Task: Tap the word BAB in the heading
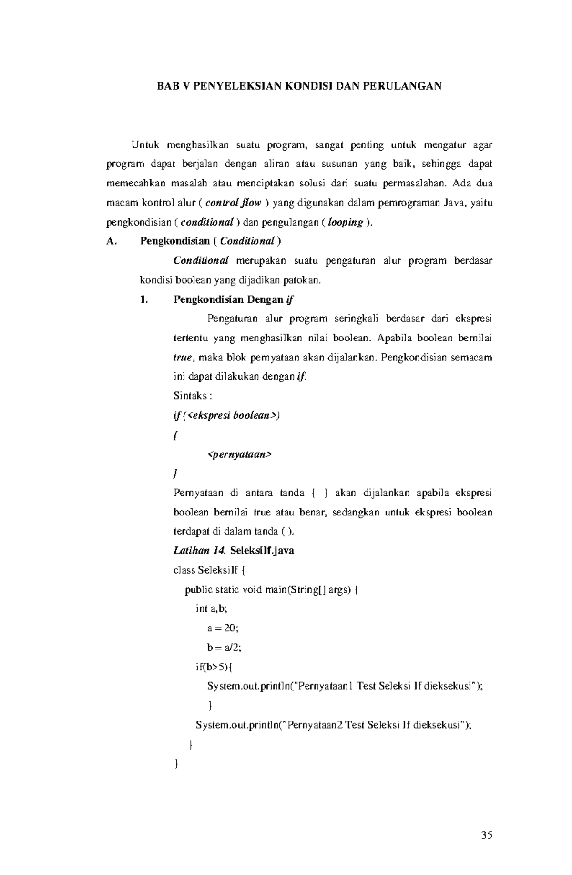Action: (168, 86)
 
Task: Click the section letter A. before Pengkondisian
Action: (111, 241)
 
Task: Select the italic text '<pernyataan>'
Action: (239, 454)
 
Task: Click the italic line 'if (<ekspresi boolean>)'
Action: (226, 415)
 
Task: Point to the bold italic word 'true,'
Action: (183, 358)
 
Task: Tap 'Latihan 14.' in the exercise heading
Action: (199, 551)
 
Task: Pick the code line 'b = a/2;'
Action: (221, 648)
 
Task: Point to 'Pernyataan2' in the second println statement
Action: (314, 725)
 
